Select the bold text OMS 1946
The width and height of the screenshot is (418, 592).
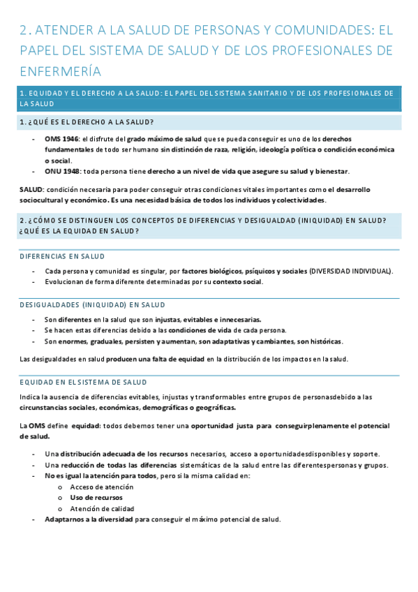tap(62, 139)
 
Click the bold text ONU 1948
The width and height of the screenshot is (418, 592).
tap(63, 171)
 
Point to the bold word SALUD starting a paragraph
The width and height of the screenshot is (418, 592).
tap(31, 189)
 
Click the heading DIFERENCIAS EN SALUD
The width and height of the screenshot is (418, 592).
tap(62, 257)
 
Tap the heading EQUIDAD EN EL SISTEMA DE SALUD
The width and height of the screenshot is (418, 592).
tap(83, 382)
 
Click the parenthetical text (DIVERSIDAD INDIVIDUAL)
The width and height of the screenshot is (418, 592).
tap(351, 271)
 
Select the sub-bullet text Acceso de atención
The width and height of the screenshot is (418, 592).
tap(102, 487)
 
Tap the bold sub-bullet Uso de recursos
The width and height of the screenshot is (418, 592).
tap(96, 498)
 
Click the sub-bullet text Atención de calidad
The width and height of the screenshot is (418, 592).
tap(102, 509)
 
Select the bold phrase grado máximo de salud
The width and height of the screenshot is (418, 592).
tap(165, 139)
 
